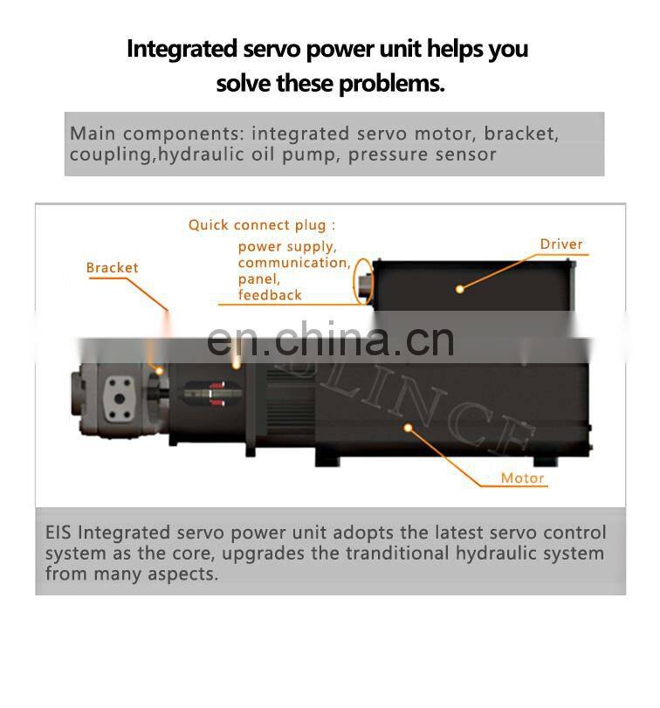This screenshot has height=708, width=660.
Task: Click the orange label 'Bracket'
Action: [x=112, y=268]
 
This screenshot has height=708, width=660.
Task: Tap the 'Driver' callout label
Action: [x=560, y=244]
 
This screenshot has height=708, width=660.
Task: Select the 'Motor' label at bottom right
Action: [x=522, y=478]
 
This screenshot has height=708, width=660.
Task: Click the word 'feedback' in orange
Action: [x=270, y=295]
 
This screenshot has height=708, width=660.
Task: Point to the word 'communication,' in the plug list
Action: [x=294, y=263]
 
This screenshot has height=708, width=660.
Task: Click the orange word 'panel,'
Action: [x=259, y=279]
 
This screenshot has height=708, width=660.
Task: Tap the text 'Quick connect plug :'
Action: [x=262, y=225]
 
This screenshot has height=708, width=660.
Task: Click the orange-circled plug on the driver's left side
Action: [x=362, y=281]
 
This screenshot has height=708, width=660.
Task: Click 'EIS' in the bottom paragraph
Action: [x=58, y=533]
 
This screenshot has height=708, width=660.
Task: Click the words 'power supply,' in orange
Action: [x=286, y=246]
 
